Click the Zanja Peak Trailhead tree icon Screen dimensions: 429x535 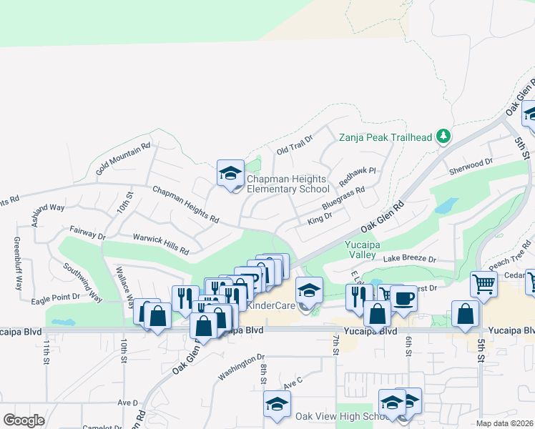coord(443,136)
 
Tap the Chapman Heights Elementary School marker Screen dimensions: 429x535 coord(230,173)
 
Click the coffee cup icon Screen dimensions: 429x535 coord(403,298)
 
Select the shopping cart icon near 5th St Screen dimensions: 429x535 coord(484,284)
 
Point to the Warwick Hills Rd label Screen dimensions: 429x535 coord(160,244)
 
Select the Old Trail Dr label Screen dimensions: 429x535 coord(295,146)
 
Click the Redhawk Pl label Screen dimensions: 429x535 coord(357,174)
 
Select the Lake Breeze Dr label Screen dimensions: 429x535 coord(409,259)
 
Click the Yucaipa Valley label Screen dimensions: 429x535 coord(361,249)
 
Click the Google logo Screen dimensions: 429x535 coord(24,420)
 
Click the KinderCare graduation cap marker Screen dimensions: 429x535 coord(309,290)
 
